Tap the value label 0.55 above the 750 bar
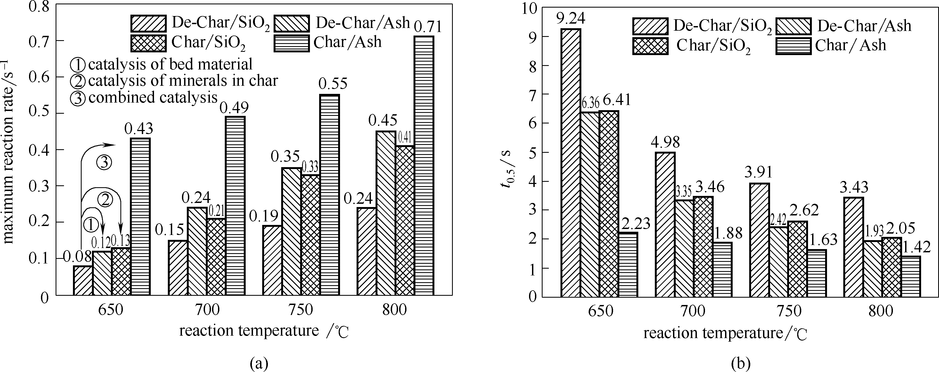click(332, 84)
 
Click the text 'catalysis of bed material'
click(170, 65)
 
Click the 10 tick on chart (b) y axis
click(531, 8)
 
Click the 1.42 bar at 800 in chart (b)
click(911, 276)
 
